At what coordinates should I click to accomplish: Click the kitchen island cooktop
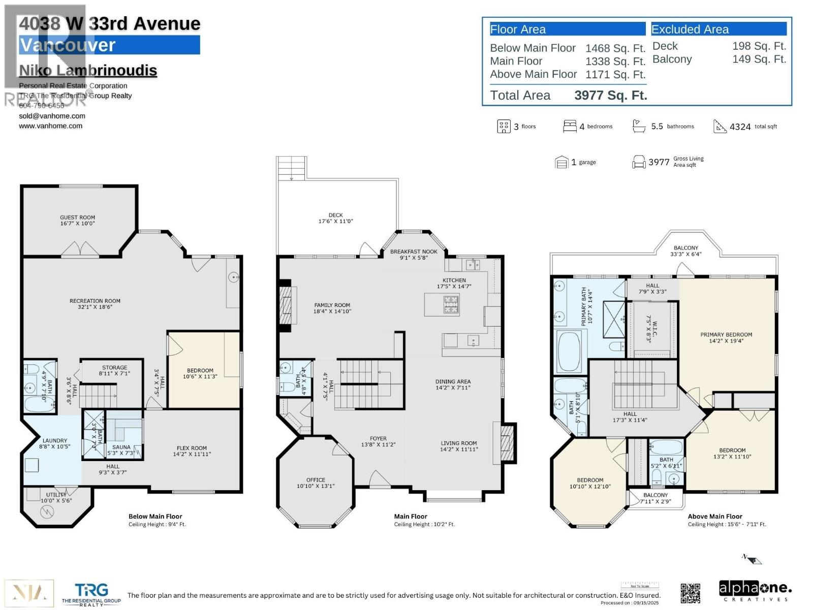coord(451,304)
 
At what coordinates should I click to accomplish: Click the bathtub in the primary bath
coord(569,352)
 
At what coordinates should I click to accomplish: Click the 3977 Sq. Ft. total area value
coord(610,96)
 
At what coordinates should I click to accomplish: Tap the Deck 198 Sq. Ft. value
coord(759,46)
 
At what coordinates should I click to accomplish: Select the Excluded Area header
coord(690,29)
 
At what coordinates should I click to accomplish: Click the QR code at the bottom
coord(691,593)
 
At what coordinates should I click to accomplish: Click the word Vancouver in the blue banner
coord(68,45)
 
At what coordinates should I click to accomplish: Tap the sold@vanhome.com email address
coord(52,116)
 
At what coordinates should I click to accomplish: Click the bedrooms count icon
coord(570,126)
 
